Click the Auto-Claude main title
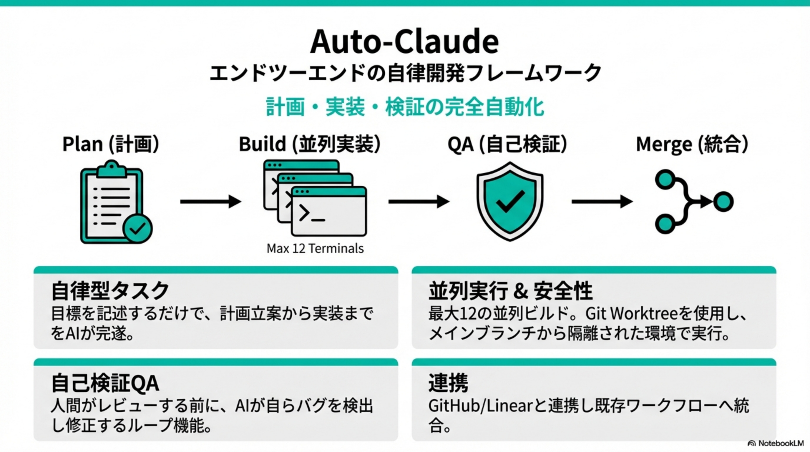point(404,42)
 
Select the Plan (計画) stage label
point(111,144)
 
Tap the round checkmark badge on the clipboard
point(137,229)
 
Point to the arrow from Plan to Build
point(210,201)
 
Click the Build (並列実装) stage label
point(310,144)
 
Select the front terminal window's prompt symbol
point(304,213)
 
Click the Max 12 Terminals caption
point(315,249)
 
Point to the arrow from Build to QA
point(418,201)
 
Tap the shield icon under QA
point(510,201)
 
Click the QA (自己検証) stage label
point(507,144)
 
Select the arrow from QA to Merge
point(602,201)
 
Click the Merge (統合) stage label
point(692,144)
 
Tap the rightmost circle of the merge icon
point(723,202)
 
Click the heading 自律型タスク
point(110,290)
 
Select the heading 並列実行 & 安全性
point(510,290)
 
